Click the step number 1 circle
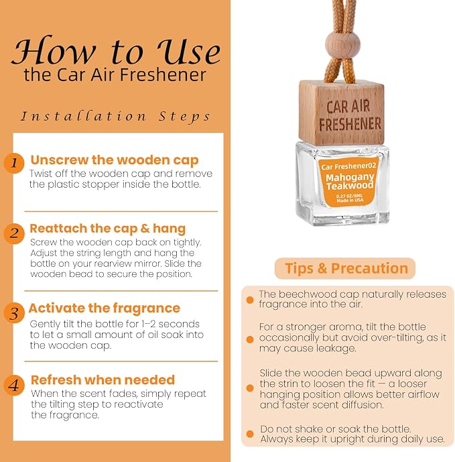pos(14,163)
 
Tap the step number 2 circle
pos(14,233)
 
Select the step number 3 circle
pos(14,313)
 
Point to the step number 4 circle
pos(14,385)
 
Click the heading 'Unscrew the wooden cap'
pos(115,160)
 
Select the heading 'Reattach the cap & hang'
pos(107,229)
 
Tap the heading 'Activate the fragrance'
pos(105,308)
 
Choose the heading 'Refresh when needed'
pos(103,380)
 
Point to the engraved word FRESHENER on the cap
pos(350,124)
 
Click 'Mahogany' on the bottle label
pos(350,178)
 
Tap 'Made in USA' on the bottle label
pos(350,200)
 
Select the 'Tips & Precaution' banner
pos(345,268)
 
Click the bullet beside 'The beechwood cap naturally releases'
pos(250,300)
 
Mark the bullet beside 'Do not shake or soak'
pos(250,434)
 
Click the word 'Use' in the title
pos(188,51)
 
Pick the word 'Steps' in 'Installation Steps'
pos(184,117)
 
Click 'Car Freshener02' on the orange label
pos(348,166)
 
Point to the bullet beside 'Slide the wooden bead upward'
pos(250,388)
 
